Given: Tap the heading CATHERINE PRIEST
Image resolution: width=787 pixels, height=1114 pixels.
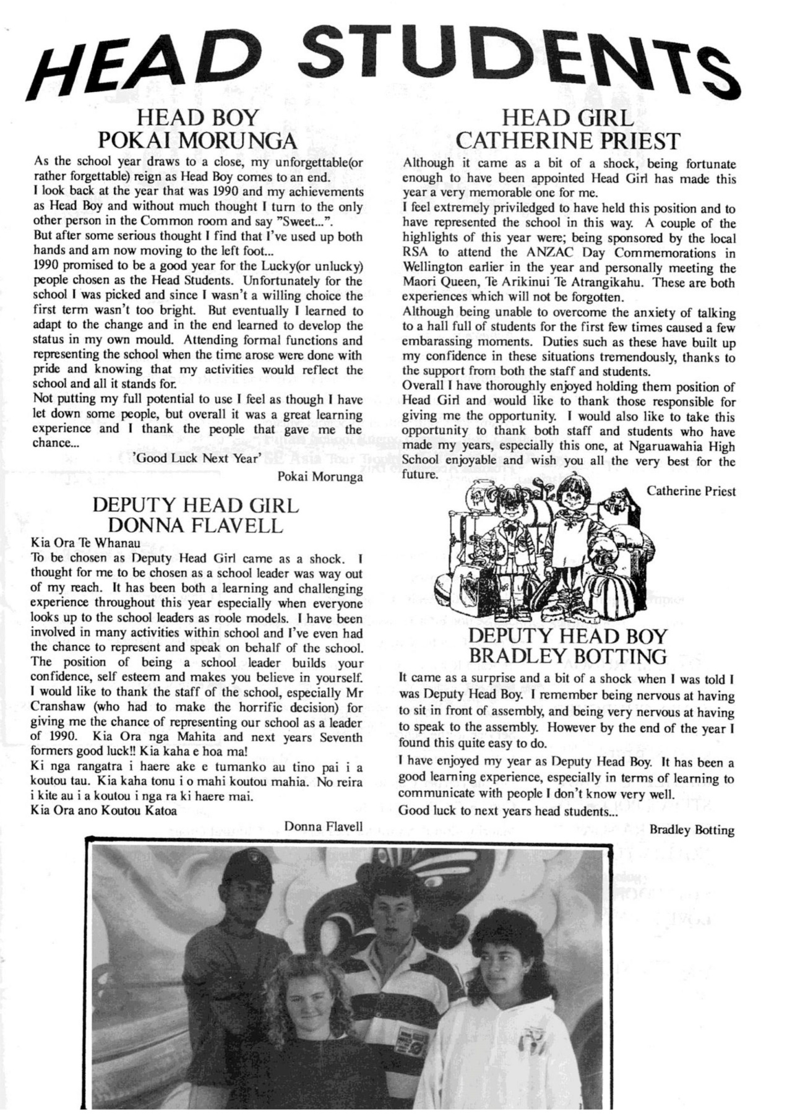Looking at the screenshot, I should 568,141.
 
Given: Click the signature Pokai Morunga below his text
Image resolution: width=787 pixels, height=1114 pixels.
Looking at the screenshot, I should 320,477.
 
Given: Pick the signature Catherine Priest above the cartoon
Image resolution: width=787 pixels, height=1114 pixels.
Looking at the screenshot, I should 691,491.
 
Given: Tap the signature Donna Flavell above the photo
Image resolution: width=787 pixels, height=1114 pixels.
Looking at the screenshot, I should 324,824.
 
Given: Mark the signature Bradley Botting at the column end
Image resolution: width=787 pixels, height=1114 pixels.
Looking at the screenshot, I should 692,831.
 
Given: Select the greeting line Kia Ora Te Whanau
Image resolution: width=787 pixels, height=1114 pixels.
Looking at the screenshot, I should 85,543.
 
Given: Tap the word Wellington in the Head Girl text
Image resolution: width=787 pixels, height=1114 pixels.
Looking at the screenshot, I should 434,269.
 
